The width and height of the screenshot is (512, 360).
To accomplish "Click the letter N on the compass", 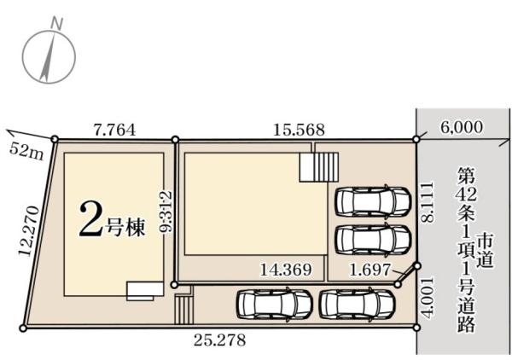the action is pos(57,24).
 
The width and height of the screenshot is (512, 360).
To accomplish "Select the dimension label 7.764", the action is pos(114,130).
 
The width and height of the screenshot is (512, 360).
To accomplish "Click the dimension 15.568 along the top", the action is pos(299,130).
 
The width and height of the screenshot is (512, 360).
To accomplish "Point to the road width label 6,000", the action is pos(462,127).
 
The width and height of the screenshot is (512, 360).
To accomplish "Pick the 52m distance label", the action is pos(26,152).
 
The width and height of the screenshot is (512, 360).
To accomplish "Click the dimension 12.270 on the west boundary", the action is pos(30,231).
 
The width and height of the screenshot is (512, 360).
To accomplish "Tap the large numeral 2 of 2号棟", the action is pos(90,218).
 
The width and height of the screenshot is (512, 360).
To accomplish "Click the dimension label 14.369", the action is pos(286,270).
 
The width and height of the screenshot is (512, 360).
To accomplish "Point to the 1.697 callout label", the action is pos(370,270).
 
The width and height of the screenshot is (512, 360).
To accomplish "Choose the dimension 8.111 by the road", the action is pos(428,202).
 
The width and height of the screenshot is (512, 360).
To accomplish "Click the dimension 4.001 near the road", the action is pos(428,297).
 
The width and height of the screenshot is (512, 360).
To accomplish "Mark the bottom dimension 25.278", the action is pos(219,340).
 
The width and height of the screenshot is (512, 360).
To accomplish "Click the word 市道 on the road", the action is pos(485,251).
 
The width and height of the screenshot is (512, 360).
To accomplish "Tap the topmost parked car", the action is pos(373,200).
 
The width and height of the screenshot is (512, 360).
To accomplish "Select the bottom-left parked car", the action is pos(275,304).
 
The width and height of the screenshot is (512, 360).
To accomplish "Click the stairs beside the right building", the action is pos(319,168).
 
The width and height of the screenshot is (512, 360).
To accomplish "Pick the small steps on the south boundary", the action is pos(184,309).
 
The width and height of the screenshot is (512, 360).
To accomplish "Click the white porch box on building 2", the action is pos(145,291).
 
